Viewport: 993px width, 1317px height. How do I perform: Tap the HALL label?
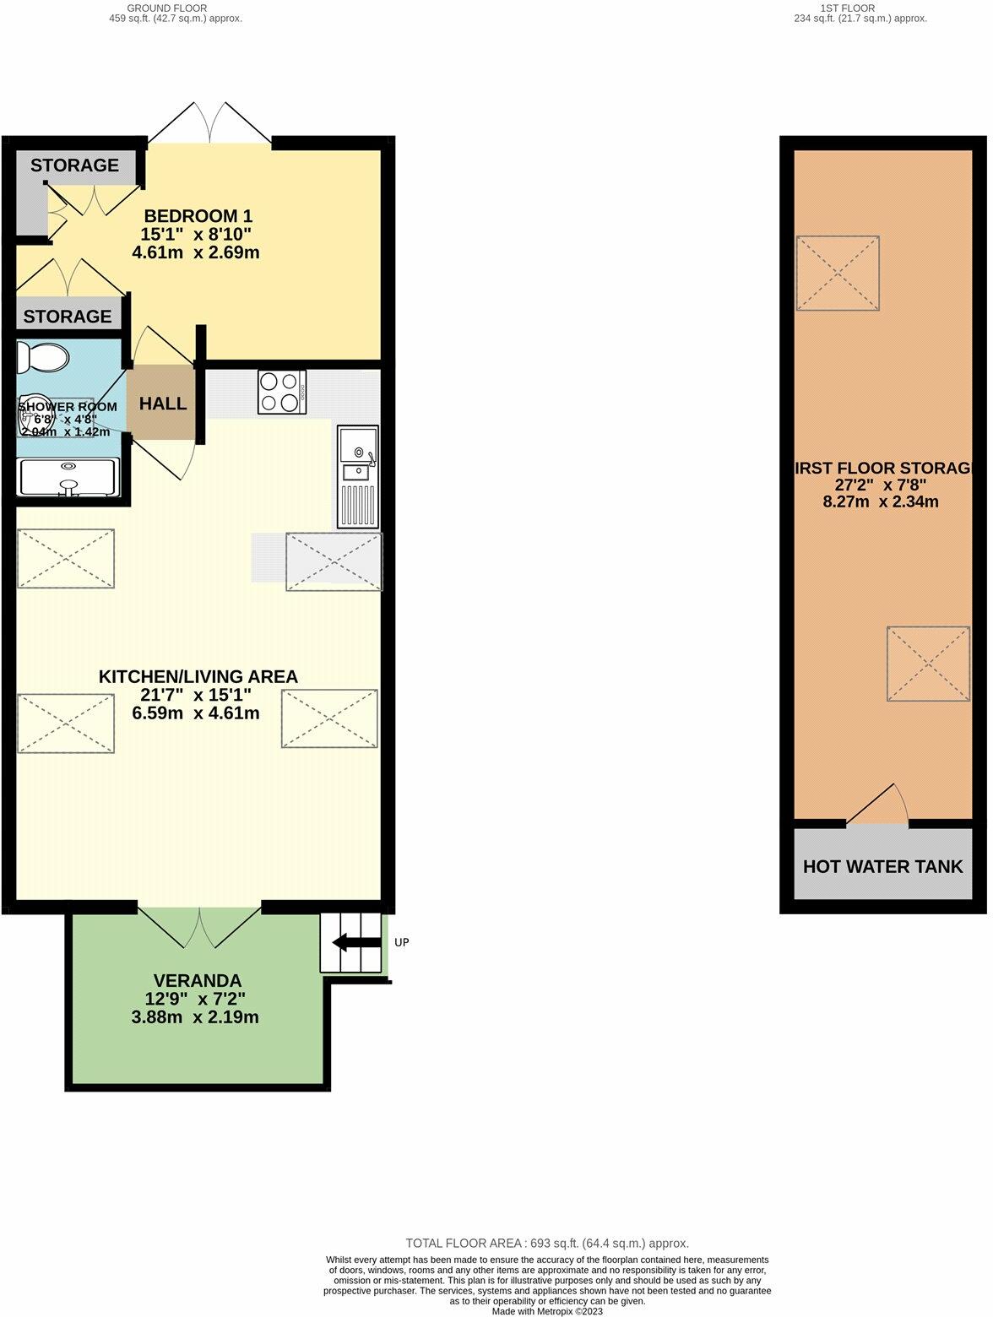coord(163,404)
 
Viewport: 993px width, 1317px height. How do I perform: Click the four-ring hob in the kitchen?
coord(282,393)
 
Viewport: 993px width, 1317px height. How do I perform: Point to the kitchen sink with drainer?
coord(358,477)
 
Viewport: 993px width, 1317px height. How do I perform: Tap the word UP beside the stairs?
coord(402,942)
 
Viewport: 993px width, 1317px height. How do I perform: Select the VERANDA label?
coord(198,981)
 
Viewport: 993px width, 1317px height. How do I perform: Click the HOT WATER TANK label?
coord(882,867)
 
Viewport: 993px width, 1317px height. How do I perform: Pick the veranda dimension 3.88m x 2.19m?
coord(195,1017)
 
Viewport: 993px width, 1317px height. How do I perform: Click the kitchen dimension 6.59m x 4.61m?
coord(196,713)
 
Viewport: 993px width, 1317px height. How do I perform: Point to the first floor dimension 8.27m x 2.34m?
coord(881,501)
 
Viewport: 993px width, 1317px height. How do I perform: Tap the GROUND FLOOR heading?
coord(166,8)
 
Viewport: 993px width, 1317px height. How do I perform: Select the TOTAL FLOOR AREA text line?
coord(547,1243)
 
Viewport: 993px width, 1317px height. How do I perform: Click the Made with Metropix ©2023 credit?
coord(547,1311)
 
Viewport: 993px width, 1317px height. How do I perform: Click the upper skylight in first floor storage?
coord(838,273)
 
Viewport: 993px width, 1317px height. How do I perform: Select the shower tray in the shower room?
coord(68,477)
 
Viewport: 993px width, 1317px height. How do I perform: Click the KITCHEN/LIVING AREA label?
coord(198,676)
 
